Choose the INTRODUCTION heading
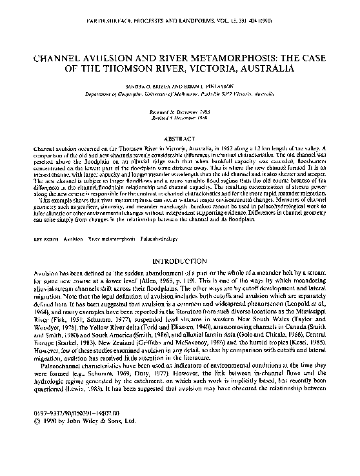pos(179,263)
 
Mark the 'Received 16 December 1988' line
pos(180,106)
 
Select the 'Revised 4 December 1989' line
pos(180,112)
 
